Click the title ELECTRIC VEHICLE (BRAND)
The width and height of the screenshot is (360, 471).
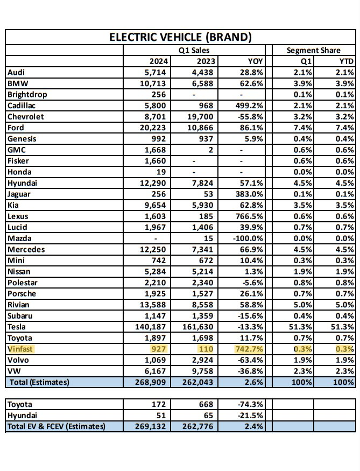coord(181,37)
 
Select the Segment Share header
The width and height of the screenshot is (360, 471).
coord(314,50)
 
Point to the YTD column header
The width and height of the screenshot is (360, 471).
coord(347,61)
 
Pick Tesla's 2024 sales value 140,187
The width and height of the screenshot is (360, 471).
coord(153,326)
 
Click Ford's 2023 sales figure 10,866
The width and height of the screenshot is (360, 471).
coord(200,127)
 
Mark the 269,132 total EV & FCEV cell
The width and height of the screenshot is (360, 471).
coord(154,426)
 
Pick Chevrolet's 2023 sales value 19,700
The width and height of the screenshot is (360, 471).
coord(200,116)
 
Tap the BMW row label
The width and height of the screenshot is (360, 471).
coord(18,83)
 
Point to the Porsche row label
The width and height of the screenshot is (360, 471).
coord(24,293)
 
